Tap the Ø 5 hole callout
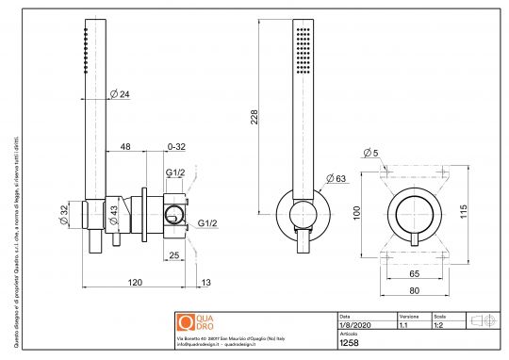[370, 153]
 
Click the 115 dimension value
[464, 214]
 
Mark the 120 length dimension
[135, 283]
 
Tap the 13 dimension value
[206, 283]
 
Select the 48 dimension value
[125, 147]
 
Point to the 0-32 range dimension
[175, 147]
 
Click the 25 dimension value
[174, 255]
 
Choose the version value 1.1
[404, 325]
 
